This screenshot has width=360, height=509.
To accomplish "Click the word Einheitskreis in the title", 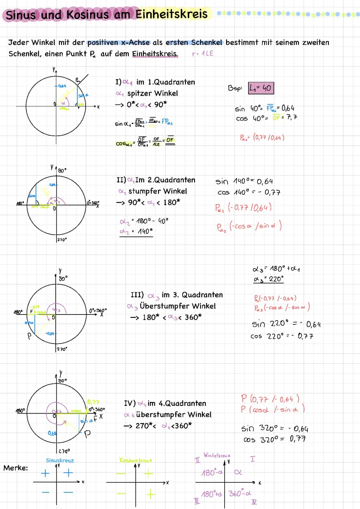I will point(171,14).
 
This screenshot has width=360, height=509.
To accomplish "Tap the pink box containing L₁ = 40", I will point(261,88).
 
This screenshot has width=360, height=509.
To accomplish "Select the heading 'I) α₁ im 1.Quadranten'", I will point(155,82).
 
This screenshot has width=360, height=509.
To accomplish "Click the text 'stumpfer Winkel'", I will point(158,191).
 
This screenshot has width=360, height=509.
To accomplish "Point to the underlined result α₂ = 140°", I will point(136,231).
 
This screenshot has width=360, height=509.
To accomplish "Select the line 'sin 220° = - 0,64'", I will point(286,324).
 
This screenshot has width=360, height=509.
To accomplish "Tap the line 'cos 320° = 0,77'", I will point(274,439).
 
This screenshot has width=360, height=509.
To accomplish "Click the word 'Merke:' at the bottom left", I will point(16,468).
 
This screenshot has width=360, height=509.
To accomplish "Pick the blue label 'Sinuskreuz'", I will point(60,460).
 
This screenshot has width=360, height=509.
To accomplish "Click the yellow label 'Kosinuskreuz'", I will point(136,460).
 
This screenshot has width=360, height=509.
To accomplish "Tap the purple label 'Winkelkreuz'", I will point(217,455).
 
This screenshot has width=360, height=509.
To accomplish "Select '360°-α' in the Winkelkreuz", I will point(240,493).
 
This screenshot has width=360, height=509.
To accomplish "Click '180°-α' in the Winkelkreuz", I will point(212,473).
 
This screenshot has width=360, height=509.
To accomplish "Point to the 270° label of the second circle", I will point(62,239).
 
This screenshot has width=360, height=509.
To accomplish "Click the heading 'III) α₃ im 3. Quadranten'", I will point(177,295).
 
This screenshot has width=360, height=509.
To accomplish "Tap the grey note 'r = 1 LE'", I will point(203,53).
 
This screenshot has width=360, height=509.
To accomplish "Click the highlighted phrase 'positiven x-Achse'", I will point(118,43).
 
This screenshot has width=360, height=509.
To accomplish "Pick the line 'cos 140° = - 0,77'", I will point(249,192).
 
